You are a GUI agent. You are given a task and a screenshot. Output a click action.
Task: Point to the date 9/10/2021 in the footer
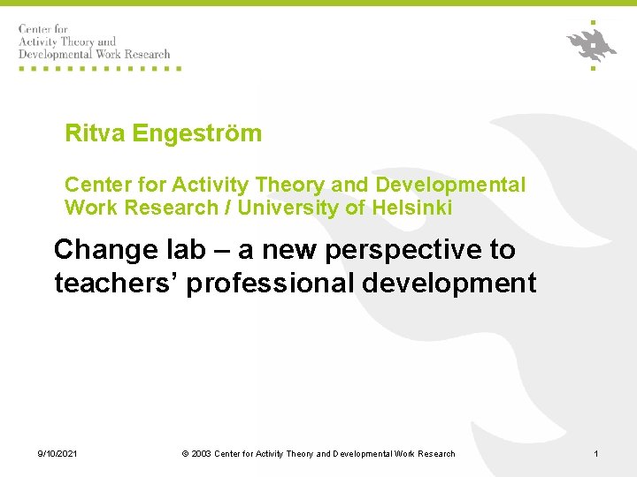click(x=58, y=454)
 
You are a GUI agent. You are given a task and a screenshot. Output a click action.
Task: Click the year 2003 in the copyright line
click(x=201, y=454)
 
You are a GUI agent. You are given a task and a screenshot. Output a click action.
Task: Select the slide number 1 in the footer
click(x=596, y=454)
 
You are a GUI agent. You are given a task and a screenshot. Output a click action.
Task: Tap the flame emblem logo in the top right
click(x=591, y=43)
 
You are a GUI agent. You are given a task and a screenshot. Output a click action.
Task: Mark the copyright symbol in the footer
click(x=185, y=454)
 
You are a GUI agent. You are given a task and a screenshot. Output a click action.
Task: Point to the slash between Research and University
click(x=227, y=208)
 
